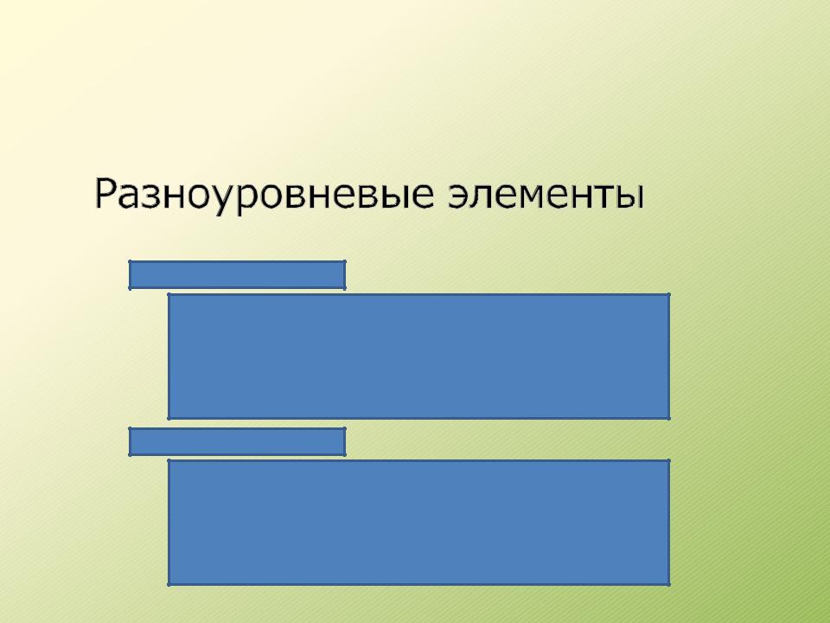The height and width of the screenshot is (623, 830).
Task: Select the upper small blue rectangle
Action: [x=237, y=275]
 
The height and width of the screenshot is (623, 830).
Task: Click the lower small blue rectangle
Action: [x=237, y=442]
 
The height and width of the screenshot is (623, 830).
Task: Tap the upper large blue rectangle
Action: [x=419, y=356]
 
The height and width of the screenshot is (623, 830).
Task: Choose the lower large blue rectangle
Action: [x=419, y=523]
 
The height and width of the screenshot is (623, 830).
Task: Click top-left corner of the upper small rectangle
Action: [x=130, y=261]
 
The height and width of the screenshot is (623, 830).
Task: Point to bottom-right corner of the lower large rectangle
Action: [x=669, y=585]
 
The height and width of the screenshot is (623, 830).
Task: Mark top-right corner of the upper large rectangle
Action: [x=669, y=294]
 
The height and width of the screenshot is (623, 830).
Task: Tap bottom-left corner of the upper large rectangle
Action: [x=169, y=419]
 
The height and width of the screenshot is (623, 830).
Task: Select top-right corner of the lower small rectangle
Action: [x=345, y=428]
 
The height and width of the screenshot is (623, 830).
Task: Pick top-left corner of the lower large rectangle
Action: [x=169, y=460]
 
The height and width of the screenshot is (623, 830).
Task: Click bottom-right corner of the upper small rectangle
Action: [x=345, y=289]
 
